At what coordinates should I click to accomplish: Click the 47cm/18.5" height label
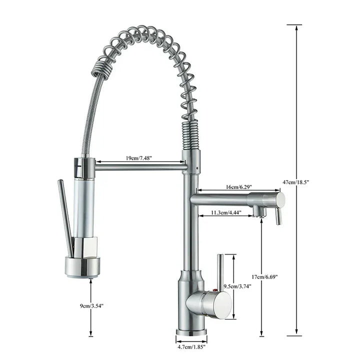click(x=296, y=182)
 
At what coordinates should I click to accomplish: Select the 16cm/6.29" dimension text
click(x=238, y=186)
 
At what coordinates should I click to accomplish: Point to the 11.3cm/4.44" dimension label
click(x=226, y=212)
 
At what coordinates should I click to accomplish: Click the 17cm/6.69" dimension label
click(x=264, y=276)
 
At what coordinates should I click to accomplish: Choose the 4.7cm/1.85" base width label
click(x=191, y=345)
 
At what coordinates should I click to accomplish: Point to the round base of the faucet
click(x=191, y=331)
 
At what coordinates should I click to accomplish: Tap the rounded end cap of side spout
click(x=280, y=200)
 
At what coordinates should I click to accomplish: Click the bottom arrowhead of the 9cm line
click(x=90, y=333)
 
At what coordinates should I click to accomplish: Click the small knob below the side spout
click(x=278, y=217)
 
